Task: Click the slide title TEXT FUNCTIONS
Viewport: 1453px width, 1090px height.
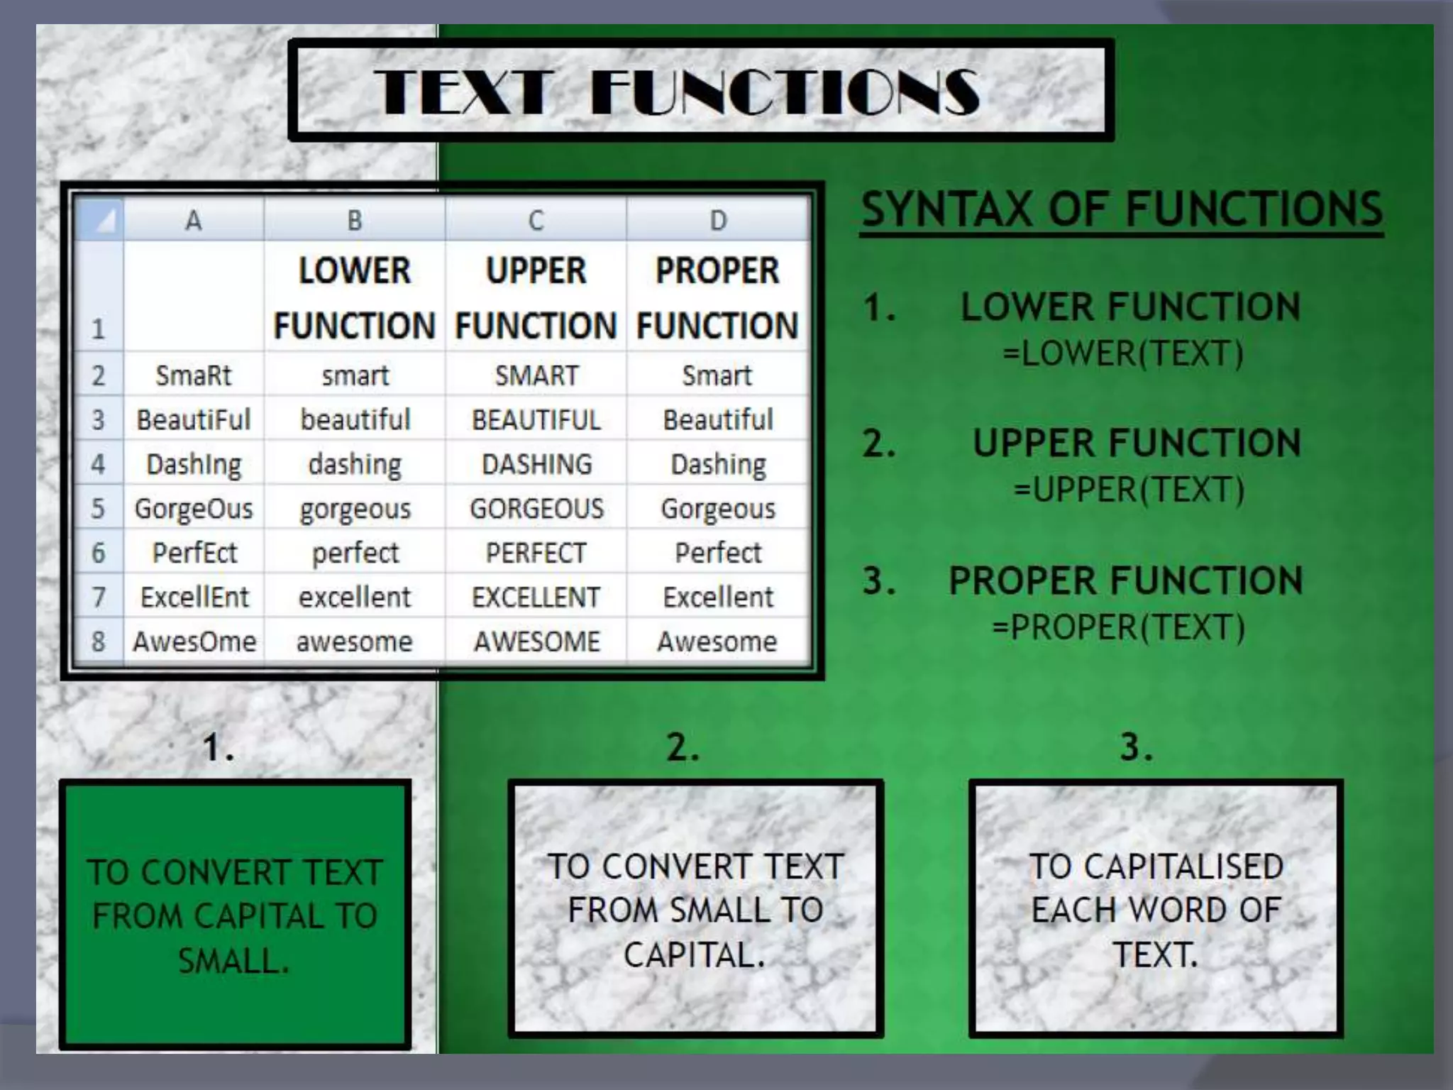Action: pos(678,92)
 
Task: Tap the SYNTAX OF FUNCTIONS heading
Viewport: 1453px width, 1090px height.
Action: pos(1122,209)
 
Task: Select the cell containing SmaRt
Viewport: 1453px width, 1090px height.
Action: pos(194,375)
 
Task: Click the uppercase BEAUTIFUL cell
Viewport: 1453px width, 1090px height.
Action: pos(536,420)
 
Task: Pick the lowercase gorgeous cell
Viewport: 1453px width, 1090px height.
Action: pos(355,509)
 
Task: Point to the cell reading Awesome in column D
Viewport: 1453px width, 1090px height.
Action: pos(717,642)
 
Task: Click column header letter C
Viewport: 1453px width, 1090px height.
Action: pos(536,221)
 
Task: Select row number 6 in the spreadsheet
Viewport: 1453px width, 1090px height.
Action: pos(99,553)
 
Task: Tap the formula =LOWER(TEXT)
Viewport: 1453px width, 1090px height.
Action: pos(1123,353)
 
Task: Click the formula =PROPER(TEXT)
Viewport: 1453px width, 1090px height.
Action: pos(1118,627)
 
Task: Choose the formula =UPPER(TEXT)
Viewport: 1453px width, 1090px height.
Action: pos(1129,490)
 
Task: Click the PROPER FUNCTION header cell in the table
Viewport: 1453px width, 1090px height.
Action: pos(717,298)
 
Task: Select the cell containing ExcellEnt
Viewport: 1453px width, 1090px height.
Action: pos(194,598)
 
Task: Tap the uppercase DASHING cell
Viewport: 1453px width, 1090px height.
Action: pos(536,465)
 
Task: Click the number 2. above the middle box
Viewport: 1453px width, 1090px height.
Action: pos(683,747)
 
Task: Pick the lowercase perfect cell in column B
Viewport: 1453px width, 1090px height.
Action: pos(355,553)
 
